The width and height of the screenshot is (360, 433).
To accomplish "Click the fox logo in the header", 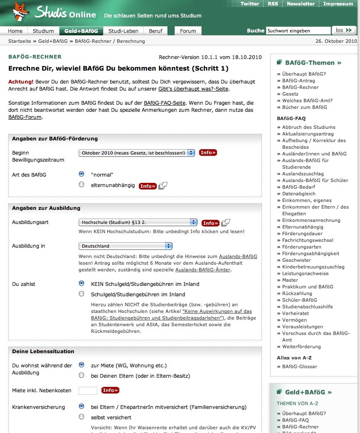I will coord(20,11).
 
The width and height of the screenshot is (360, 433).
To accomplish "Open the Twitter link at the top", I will coord(250,4).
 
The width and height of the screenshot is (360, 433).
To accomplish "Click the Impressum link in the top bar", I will coord(338,4).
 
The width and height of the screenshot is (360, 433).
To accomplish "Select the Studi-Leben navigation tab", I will coord(123,31).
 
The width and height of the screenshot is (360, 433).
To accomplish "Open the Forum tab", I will coord(188,31).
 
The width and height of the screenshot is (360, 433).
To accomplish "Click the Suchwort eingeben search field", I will coord(298,31).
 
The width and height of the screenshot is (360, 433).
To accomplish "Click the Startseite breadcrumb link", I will coord(20,41).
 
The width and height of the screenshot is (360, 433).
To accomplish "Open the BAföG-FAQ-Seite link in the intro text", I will coord(165,103).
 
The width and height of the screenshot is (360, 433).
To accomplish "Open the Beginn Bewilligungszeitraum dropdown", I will coord(137,153).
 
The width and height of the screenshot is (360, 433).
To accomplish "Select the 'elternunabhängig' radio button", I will coord(81,185).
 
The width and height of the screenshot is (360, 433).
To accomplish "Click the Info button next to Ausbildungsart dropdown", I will coord(210,223).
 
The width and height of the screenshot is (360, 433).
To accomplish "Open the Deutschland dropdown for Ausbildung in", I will coord(126,246).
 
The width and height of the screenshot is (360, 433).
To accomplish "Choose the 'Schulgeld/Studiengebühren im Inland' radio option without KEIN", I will coord(81,294).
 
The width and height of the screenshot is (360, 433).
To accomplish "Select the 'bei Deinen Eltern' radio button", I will coord(81,375).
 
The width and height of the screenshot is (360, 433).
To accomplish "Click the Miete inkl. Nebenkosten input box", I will coord(88,391).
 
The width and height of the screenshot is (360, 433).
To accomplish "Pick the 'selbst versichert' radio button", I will coord(81,417).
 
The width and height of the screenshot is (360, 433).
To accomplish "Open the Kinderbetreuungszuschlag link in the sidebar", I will coord(313,267).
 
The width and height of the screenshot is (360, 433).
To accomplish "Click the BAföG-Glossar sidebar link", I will coord(299,367).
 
